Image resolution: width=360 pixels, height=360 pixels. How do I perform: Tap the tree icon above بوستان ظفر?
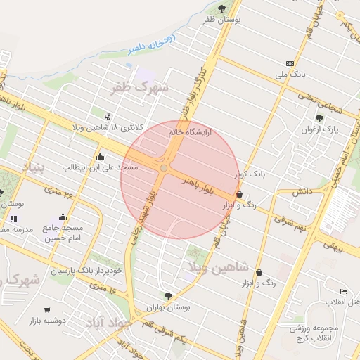click(222, 8)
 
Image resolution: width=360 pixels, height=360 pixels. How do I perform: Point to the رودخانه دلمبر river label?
click(153, 43)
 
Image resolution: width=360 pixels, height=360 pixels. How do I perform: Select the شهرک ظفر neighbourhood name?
click(141, 88)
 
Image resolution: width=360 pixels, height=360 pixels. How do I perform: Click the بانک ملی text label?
click(290, 74)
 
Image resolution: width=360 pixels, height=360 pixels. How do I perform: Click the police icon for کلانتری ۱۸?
click(107, 116)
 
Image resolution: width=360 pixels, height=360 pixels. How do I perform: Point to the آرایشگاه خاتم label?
click(190, 131)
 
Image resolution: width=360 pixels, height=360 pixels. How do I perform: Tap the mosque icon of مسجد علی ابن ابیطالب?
click(100, 156)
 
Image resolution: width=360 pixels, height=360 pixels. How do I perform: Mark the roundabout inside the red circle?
click(163, 168)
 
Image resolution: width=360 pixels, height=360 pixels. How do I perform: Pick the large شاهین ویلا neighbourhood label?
click(219, 266)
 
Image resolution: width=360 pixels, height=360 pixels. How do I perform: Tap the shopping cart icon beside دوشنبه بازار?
click(48, 309)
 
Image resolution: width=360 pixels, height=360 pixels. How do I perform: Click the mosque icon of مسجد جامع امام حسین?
click(63, 217)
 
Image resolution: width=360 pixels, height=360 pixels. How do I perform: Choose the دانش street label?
click(302, 191)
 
